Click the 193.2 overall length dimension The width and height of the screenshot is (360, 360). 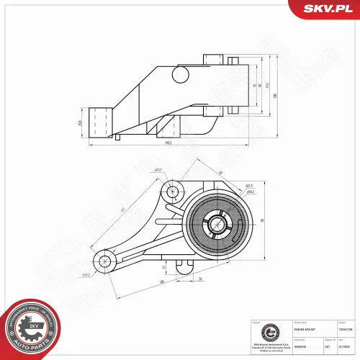coord(168,143)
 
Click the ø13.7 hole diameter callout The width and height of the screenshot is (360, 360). coord(158,170)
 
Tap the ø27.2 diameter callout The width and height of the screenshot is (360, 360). coord(86,274)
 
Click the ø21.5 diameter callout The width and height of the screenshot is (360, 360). coord(248,185)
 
